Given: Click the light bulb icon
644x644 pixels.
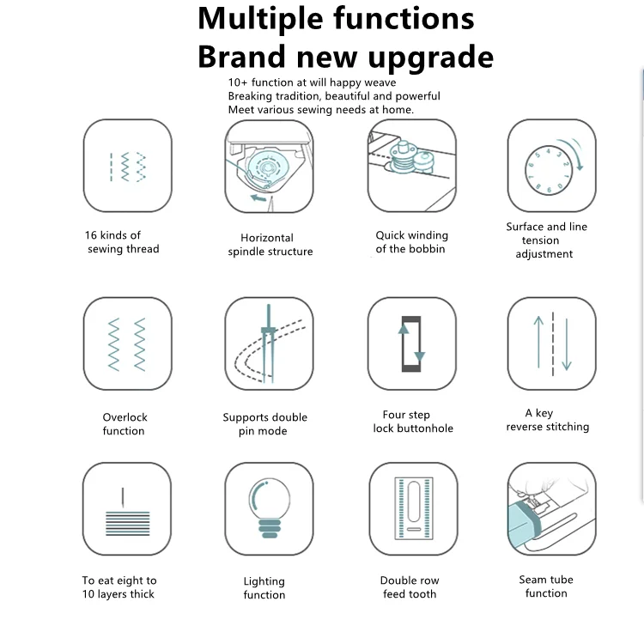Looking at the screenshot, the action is [270, 508].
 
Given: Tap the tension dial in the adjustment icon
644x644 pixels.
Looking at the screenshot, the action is [549, 170].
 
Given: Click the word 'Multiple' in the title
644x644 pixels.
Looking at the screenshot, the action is [260, 20].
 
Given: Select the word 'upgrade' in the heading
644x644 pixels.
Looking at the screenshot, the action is [431, 58].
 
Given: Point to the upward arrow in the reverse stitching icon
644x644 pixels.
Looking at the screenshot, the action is [538, 342].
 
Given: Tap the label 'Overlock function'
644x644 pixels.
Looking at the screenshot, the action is [124, 424].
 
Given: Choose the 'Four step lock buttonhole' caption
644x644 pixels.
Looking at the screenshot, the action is [413, 422].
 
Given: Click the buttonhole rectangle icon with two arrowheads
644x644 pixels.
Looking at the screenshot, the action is [411, 343].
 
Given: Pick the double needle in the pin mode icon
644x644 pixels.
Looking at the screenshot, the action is [269, 343].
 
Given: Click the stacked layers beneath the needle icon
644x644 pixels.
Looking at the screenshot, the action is [128, 523].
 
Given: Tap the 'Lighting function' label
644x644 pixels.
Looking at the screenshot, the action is [264, 587].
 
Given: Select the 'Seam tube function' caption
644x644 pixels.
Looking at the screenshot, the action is [546, 586].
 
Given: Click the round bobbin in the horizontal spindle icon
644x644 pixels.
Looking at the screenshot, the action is [268, 167].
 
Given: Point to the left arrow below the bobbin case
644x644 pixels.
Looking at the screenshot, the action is [258, 198].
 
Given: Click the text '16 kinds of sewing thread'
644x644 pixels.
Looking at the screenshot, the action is [122, 242].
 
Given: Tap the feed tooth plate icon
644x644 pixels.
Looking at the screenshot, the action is [414, 508].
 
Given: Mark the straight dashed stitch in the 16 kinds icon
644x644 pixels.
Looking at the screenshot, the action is [111, 167].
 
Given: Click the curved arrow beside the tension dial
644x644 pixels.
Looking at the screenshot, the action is [573, 153].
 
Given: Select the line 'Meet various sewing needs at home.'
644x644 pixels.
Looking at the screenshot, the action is [321, 110].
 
